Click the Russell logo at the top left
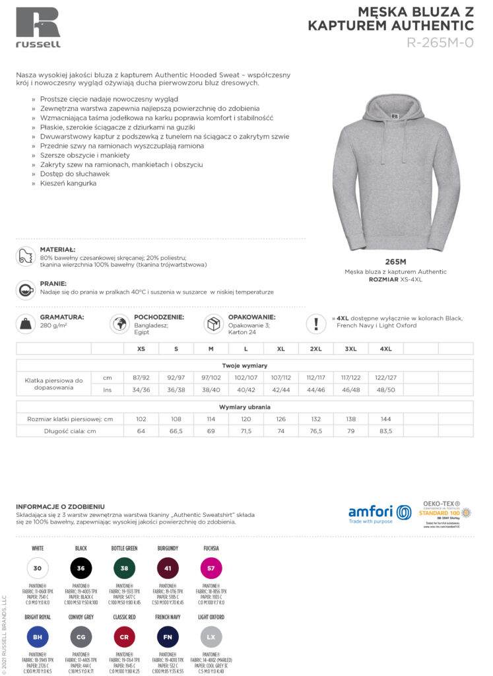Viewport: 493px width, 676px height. (x=38, y=27)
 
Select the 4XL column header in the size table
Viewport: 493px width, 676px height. (x=385, y=349)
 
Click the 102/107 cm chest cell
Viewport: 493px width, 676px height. (x=246, y=377)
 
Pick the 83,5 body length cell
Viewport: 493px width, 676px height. (x=385, y=431)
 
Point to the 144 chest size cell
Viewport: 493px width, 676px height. (x=385, y=419)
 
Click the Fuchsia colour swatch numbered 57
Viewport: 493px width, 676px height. (x=211, y=568)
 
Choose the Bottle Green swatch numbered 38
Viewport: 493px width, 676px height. (x=124, y=568)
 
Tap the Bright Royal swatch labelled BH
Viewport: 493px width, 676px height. (x=37, y=637)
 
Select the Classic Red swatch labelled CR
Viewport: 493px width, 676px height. (x=124, y=637)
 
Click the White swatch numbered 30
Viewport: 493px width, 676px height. (x=37, y=568)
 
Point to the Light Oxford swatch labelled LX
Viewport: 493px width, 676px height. (x=211, y=637)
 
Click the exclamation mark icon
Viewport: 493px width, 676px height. (x=316, y=323)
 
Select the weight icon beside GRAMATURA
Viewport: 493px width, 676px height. (x=26, y=323)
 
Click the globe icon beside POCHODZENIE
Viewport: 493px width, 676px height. (x=119, y=323)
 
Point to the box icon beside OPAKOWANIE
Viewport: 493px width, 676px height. (x=213, y=323)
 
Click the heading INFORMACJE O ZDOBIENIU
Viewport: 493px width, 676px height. (x=60, y=507)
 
